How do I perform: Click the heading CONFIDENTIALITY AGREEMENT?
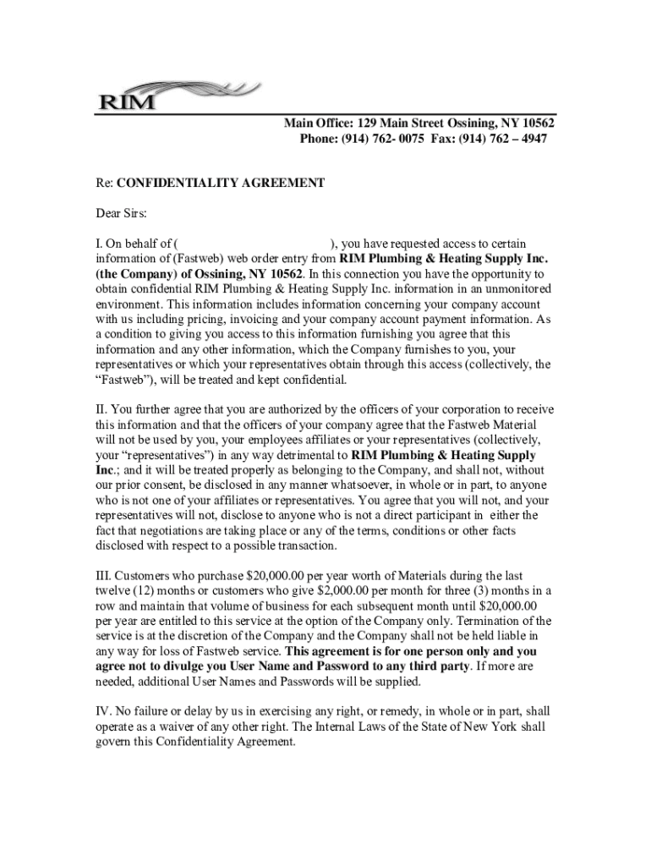pos(220,182)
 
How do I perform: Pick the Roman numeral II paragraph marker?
pos(101,410)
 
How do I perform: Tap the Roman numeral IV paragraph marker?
pos(102,712)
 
